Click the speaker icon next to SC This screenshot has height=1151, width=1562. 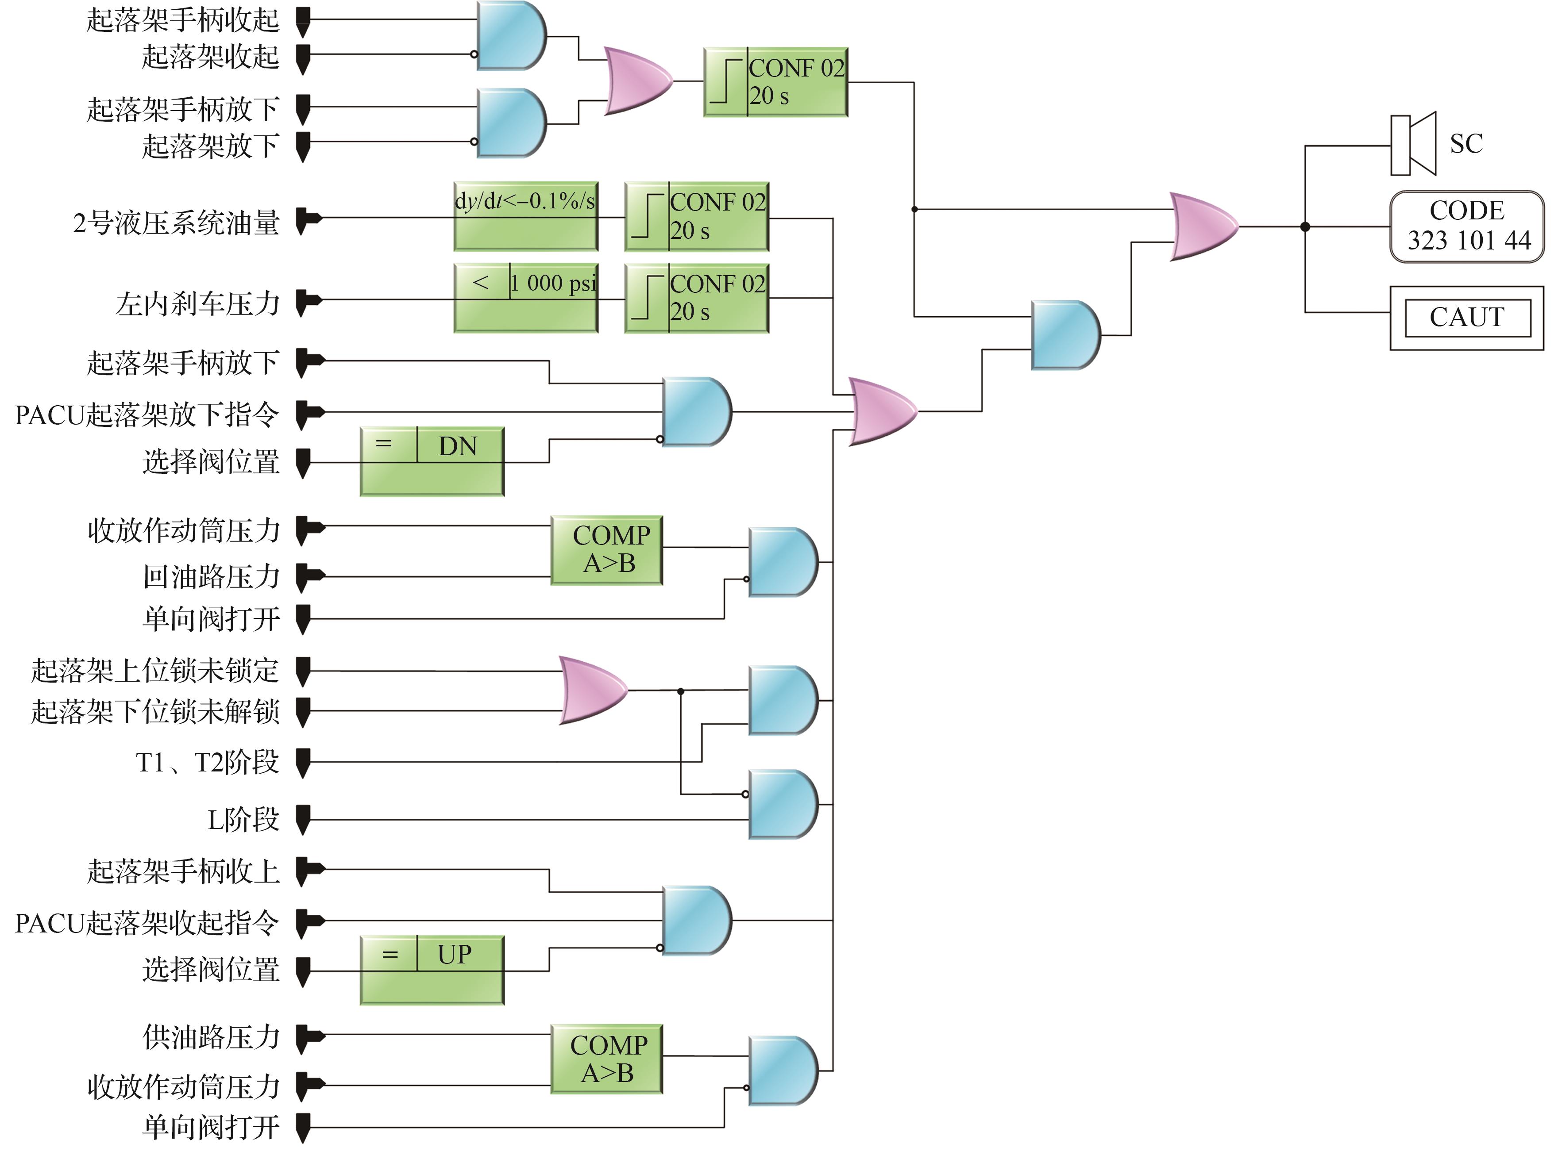pos(1412,144)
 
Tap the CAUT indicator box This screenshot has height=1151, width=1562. pos(1466,318)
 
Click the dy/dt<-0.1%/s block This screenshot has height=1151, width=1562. pos(525,216)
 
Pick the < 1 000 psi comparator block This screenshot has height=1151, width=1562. pos(525,298)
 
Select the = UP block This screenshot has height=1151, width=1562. pos(432,969)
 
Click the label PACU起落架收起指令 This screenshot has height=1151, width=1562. pos(147,923)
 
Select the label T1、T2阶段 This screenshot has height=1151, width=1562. pos(207,762)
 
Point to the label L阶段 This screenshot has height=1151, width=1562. pos(243,819)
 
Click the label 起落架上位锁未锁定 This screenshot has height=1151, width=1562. pos(155,670)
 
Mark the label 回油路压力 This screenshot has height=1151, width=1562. pos(211,577)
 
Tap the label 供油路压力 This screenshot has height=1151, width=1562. pos(211,1037)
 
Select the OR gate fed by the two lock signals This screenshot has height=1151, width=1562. pos(593,691)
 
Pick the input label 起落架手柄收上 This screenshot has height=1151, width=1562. pos(183,871)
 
